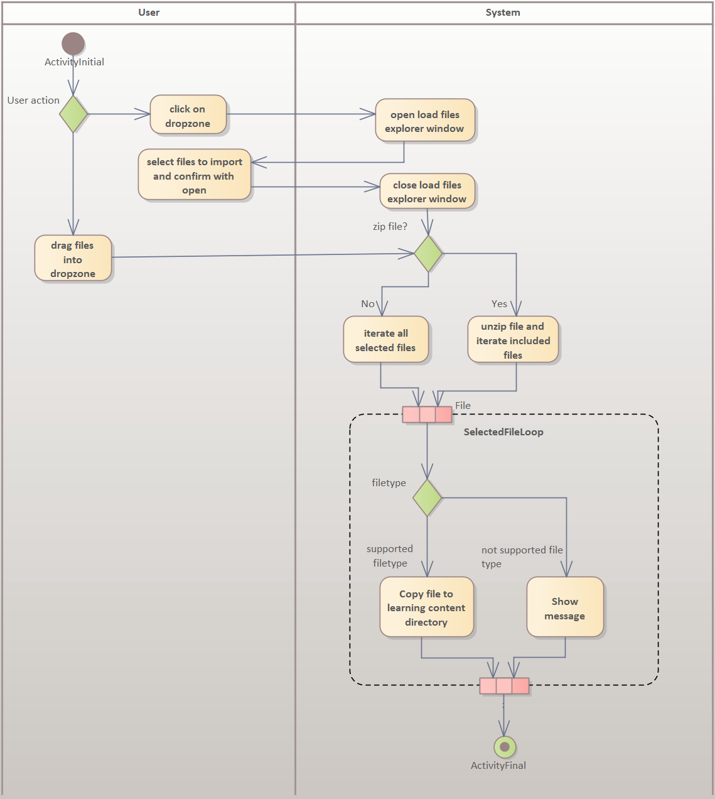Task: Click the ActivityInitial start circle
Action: click(73, 43)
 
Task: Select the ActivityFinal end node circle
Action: click(505, 747)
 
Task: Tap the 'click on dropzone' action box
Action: click(188, 115)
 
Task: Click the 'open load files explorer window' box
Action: click(425, 121)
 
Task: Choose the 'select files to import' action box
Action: click(195, 175)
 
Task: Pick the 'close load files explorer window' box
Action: click(427, 192)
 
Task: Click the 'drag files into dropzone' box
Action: click(73, 258)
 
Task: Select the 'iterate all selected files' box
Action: click(385, 340)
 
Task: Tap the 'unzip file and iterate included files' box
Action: click(513, 340)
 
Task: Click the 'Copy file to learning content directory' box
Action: click(426, 607)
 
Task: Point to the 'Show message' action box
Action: click(565, 607)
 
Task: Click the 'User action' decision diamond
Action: click(73, 114)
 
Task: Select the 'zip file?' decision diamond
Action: click(428, 254)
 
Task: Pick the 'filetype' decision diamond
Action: click(427, 497)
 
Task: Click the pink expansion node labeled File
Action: click(427, 415)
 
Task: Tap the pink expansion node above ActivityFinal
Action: click(504, 686)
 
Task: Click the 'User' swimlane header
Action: click(149, 13)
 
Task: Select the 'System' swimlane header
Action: click(503, 13)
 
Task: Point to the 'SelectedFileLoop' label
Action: click(503, 432)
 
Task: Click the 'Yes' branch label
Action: click(499, 304)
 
